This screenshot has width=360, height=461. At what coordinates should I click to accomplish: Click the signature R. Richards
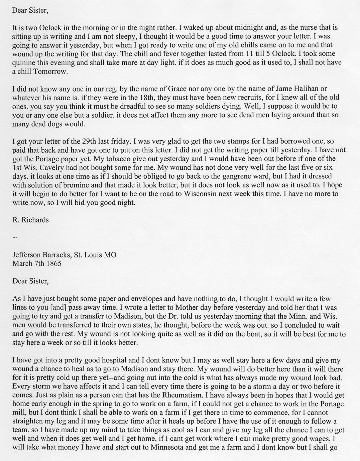click(30, 220)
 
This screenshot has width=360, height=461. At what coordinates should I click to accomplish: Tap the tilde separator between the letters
click(14, 238)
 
